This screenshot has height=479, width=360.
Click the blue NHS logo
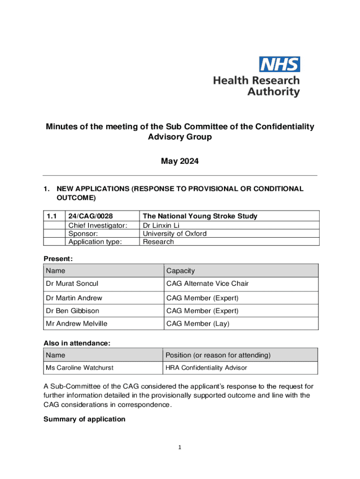[280, 64]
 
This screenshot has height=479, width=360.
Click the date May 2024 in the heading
[180, 161]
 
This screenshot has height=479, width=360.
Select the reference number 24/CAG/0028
[91, 216]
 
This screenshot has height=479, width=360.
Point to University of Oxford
[174, 233]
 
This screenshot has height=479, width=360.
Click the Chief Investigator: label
[98, 225]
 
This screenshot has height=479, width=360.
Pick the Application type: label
[95, 242]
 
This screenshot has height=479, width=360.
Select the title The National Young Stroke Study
[200, 216]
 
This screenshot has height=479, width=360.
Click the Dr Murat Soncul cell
[72, 283]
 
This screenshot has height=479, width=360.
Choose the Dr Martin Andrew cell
[74, 298]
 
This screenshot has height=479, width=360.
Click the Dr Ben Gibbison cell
[72, 311]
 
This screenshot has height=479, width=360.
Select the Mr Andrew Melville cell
[76, 323]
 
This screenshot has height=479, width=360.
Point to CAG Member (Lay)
[198, 323]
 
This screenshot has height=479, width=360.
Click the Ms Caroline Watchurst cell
[79, 368]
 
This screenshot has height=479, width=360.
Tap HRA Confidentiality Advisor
[206, 368]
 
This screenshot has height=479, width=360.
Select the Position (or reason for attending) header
[218, 356]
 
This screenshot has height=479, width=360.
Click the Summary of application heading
[84, 419]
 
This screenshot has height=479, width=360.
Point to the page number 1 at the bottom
[179, 447]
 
